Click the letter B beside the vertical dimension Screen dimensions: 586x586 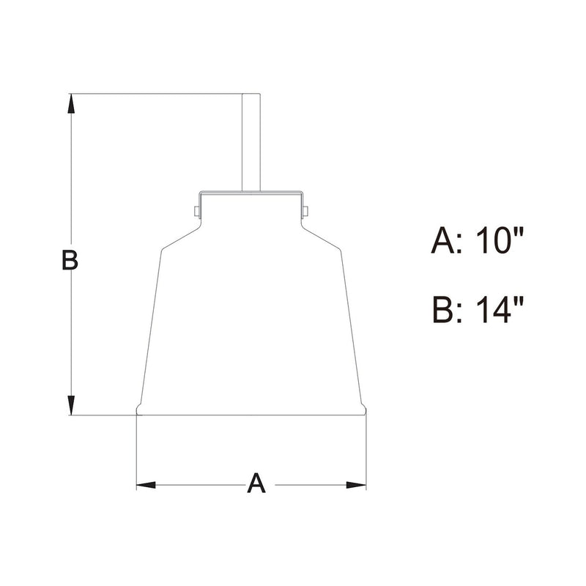tap(70, 261)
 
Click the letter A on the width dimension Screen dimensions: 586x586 tap(256, 483)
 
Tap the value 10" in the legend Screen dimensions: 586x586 tap(500, 241)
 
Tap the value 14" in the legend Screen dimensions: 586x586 tap(500, 309)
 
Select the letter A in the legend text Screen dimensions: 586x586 tap(443, 241)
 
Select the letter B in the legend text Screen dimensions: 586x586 tap(443, 309)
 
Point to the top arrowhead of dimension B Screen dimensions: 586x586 tap(71, 103)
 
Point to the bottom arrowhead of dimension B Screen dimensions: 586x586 tap(71, 405)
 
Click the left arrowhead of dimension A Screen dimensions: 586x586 tap(146, 485)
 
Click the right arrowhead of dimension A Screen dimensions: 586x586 tap(356, 485)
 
